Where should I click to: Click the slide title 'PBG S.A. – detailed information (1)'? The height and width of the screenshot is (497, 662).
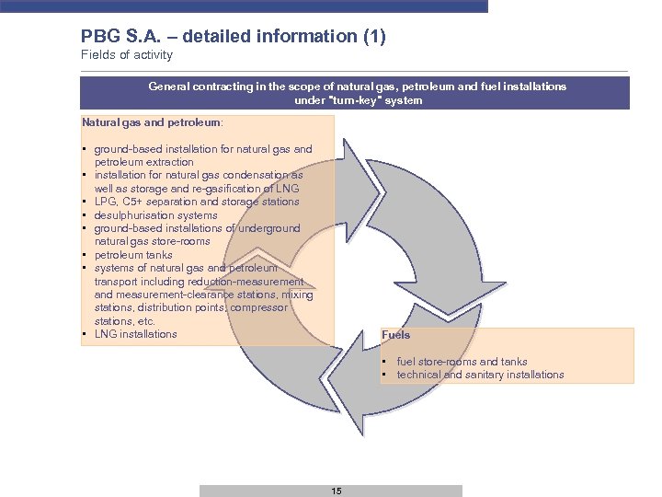[x=233, y=37]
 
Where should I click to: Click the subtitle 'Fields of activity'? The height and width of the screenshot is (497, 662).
[x=127, y=55]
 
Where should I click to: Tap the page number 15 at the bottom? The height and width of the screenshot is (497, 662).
[x=337, y=491]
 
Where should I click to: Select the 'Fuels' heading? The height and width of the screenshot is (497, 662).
[x=396, y=335]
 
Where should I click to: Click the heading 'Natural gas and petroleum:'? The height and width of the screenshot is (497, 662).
[x=153, y=121]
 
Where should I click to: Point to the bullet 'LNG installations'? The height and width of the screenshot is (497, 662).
[x=135, y=334]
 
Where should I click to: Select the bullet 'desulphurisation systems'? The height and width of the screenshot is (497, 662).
[x=155, y=215]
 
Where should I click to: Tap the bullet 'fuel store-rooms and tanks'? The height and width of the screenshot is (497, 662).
[x=462, y=362]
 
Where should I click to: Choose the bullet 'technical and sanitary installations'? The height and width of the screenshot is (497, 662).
[x=480, y=375]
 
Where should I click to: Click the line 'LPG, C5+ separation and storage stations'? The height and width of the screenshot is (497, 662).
[x=197, y=202]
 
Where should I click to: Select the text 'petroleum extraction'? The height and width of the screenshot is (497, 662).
[x=143, y=162]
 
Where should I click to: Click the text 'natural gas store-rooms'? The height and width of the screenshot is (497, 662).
[x=152, y=241]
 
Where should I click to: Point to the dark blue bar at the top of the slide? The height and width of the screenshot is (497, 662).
[x=244, y=6]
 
